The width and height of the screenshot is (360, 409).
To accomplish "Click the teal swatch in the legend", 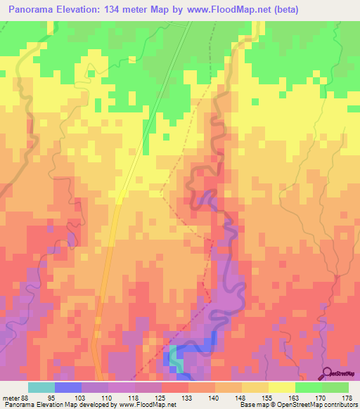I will [x=41, y=387].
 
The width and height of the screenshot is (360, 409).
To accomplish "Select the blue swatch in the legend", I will [x=67, y=387].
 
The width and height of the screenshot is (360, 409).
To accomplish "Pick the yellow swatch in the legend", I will [x=281, y=387].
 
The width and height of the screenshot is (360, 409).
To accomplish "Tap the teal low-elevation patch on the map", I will [x=176, y=365].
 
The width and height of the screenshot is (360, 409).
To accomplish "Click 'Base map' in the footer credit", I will [x=252, y=405].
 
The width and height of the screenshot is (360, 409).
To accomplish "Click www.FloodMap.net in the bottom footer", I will [x=148, y=405].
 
